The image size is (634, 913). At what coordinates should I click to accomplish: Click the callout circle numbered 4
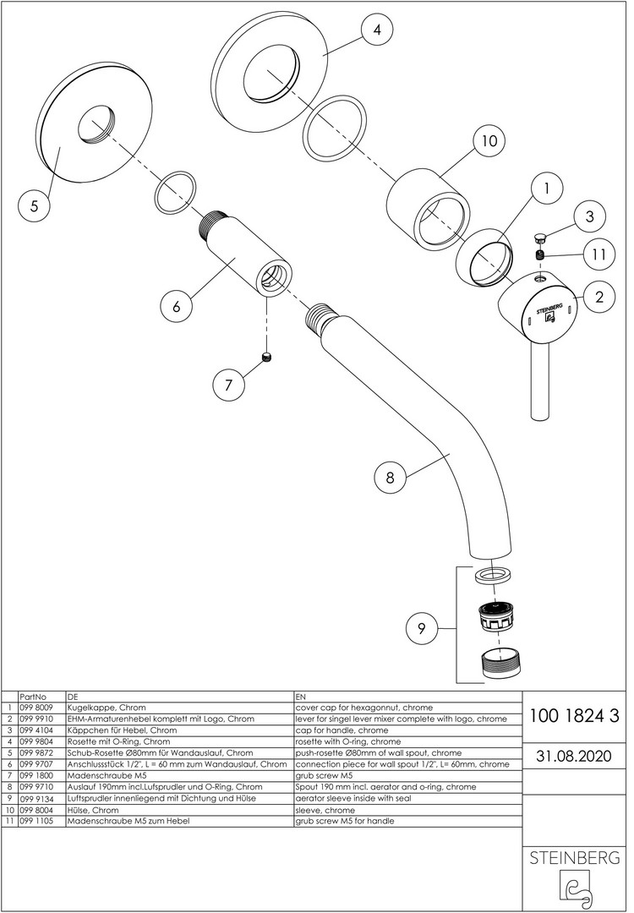(377, 30)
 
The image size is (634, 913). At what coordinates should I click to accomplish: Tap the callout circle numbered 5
(35, 205)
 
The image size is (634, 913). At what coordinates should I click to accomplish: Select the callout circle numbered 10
(489, 140)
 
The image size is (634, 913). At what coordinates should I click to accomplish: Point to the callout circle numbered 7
(227, 385)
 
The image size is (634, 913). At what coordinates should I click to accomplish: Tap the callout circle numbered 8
(390, 477)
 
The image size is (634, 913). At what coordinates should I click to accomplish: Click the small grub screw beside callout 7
(268, 358)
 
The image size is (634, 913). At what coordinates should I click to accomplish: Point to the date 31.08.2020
(574, 755)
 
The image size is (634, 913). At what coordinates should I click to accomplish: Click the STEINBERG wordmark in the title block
(574, 858)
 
